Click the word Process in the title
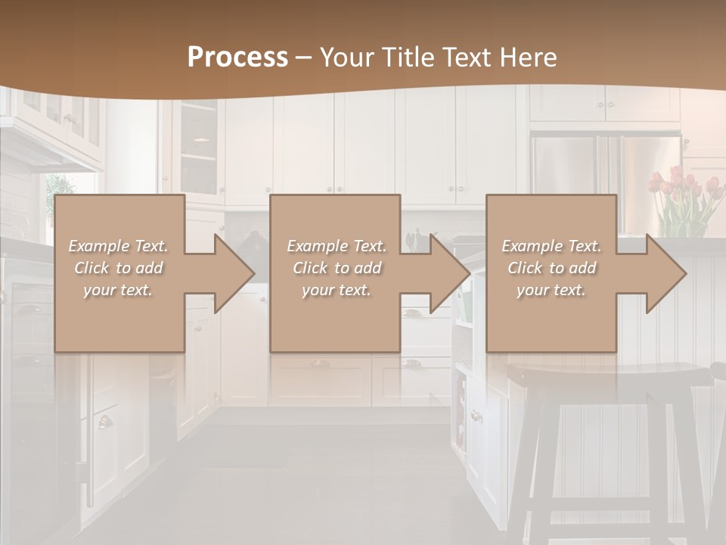point(237,58)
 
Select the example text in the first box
point(118,268)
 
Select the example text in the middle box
point(337,268)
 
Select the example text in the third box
point(551,268)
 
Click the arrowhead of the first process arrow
point(234,273)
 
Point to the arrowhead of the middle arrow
point(450,273)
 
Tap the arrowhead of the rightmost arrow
point(665,273)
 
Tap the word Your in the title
point(346,58)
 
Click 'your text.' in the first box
point(118,290)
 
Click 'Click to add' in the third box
point(551,268)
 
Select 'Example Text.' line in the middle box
point(337,246)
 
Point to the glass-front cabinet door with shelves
point(199,148)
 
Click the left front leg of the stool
point(539,469)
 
